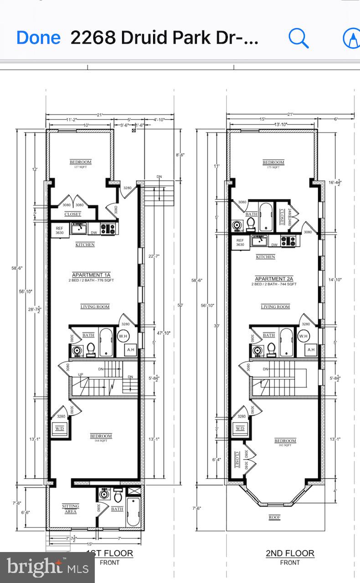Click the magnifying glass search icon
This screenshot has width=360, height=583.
(298, 39)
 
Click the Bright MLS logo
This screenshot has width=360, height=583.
(47, 567)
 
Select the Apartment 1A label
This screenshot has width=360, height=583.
(92, 275)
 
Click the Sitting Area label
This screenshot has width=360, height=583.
(71, 509)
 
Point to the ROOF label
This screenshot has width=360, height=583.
(274, 517)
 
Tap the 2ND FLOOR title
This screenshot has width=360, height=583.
(290, 553)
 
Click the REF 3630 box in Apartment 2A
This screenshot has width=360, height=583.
(240, 242)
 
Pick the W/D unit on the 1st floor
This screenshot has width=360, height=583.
(60, 429)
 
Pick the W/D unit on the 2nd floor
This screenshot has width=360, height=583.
(240, 429)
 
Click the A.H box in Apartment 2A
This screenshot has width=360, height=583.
(311, 350)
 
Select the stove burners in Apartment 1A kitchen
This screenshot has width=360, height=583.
(109, 229)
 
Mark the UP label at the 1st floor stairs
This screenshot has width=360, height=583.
(81, 374)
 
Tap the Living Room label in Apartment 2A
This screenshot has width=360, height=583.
(275, 307)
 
